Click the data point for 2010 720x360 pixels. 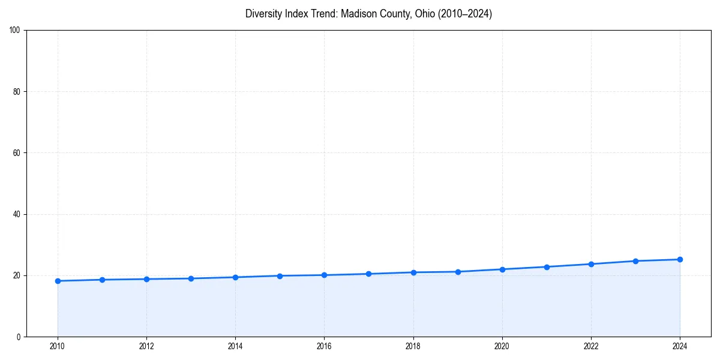(x=58, y=281)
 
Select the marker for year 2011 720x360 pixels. (x=102, y=280)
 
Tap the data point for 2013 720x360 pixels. (x=191, y=278)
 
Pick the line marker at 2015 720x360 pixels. (x=280, y=276)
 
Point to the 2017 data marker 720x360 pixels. (x=368, y=274)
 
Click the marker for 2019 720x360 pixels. (x=458, y=272)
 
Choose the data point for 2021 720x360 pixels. (x=547, y=267)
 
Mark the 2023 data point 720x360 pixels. (x=635, y=261)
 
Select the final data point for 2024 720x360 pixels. (x=680, y=259)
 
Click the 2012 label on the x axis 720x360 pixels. (x=146, y=346)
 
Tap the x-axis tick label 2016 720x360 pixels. (x=324, y=346)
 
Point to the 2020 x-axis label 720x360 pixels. (x=502, y=346)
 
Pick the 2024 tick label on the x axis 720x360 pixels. (x=680, y=346)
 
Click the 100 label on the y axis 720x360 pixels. (x=15, y=31)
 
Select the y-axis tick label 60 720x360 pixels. (x=17, y=153)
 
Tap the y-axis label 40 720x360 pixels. (x=17, y=214)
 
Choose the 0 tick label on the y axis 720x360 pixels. (x=19, y=337)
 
